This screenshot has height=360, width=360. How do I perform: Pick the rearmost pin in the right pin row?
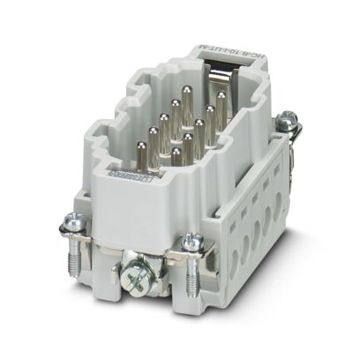221,99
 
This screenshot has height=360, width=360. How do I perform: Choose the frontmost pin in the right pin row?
176,154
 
